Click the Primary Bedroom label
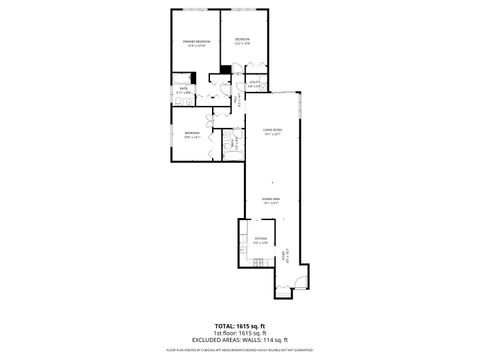[196, 41]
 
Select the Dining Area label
[269, 199]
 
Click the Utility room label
[255, 82]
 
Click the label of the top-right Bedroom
[243, 40]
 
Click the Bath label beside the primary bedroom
[184, 89]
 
